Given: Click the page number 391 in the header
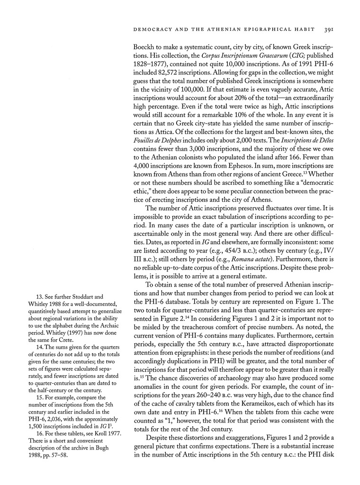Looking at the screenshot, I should tap(330, 29).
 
